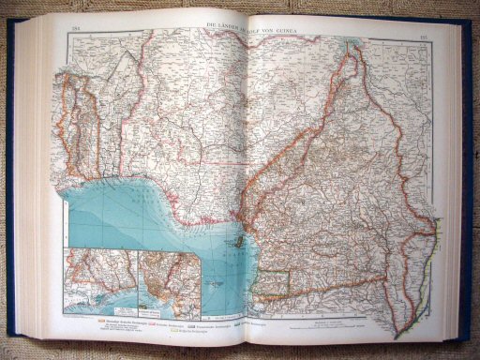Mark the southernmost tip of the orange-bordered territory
coord(399,334)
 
